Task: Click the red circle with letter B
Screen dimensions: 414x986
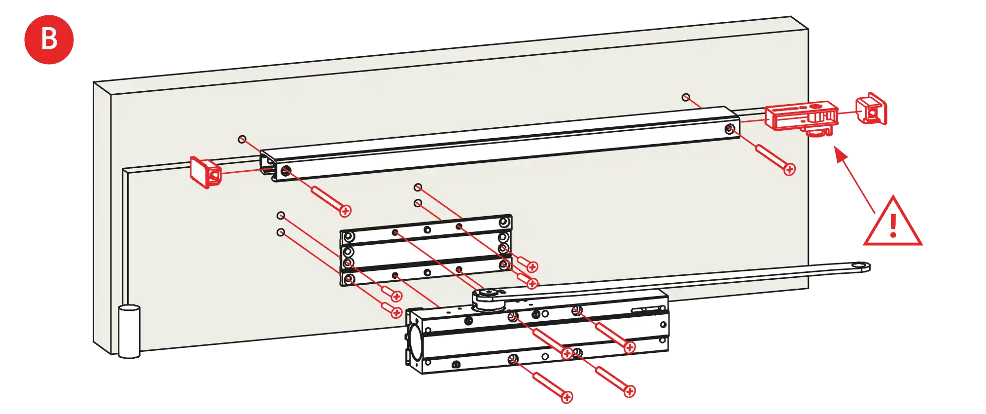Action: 49,39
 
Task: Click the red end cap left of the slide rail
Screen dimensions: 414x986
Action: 205,172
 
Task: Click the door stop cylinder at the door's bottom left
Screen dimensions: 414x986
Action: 129,331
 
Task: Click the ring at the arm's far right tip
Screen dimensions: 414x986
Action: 861,267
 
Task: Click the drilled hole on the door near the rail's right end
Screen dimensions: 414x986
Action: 686,97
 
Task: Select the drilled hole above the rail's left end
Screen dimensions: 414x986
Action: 242,139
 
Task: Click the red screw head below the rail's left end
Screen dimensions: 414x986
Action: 346,211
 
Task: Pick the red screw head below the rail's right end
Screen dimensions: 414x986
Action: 789,169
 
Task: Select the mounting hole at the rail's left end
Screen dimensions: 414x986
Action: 285,171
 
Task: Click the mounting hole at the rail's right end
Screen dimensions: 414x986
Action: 729,129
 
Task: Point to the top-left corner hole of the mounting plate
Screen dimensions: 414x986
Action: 349,237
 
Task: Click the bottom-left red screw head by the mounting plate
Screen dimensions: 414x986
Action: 396,312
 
